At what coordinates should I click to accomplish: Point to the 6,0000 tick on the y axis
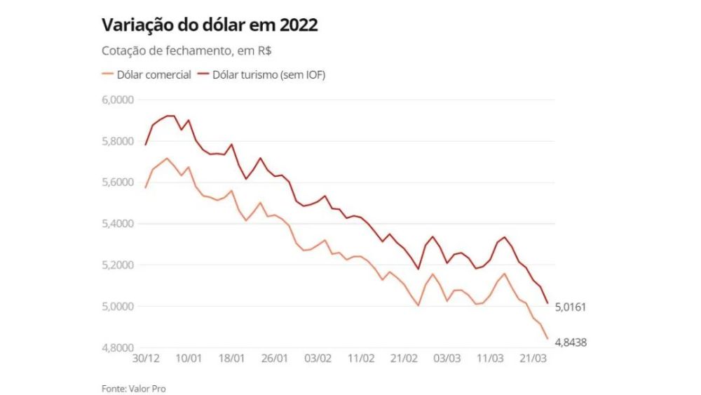118,100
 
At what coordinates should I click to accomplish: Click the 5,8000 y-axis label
118,141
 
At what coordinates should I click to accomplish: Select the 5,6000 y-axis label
118,182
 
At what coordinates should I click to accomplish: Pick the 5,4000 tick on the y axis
118,224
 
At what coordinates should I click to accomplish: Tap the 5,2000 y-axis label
118,265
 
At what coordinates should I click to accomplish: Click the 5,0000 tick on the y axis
118,307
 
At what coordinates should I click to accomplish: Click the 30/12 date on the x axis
146,359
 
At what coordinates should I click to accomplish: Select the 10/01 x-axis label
189,359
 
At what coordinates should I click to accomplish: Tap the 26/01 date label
275,359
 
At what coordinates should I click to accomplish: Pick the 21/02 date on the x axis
405,359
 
